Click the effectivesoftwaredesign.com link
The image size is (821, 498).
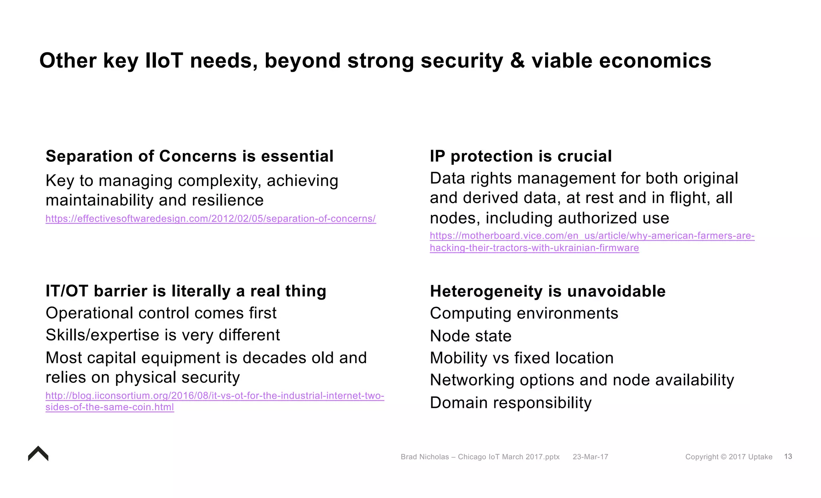pyautogui.click(x=210, y=219)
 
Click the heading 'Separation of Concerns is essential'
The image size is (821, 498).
pyautogui.click(x=189, y=156)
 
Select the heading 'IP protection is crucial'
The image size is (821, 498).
pyautogui.click(x=520, y=156)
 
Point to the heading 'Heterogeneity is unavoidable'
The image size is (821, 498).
pyautogui.click(x=547, y=291)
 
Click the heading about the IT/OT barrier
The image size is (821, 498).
pyautogui.click(x=186, y=291)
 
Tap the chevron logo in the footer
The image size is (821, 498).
pyautogui.click(x=38, y=454)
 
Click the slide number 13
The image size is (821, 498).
pyautogui.click(x=788, y=456)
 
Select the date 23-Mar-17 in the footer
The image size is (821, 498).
pyautogui.click(x=590, y=457)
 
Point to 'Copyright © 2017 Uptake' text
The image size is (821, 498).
pyautogui.click(x=728, y=457)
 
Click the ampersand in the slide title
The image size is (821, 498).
pyautogui.click(x=517, y=61)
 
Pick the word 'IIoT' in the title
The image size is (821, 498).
pyautogui.click(x=164, y=61)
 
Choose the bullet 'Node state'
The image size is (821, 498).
pyautogui.click(x=470, y=336)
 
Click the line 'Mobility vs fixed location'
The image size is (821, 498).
pyautogui.click(x=522, y=358)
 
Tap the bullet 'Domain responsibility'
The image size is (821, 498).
pyautogui.click(x=510, y=403)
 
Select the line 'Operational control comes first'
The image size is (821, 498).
pyautogui.click(x=161, y=313)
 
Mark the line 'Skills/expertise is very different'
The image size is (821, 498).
pyautogui.click(x=162, y=335)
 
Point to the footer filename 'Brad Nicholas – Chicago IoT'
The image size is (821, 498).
pyautogui.click(x=480, y=457)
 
